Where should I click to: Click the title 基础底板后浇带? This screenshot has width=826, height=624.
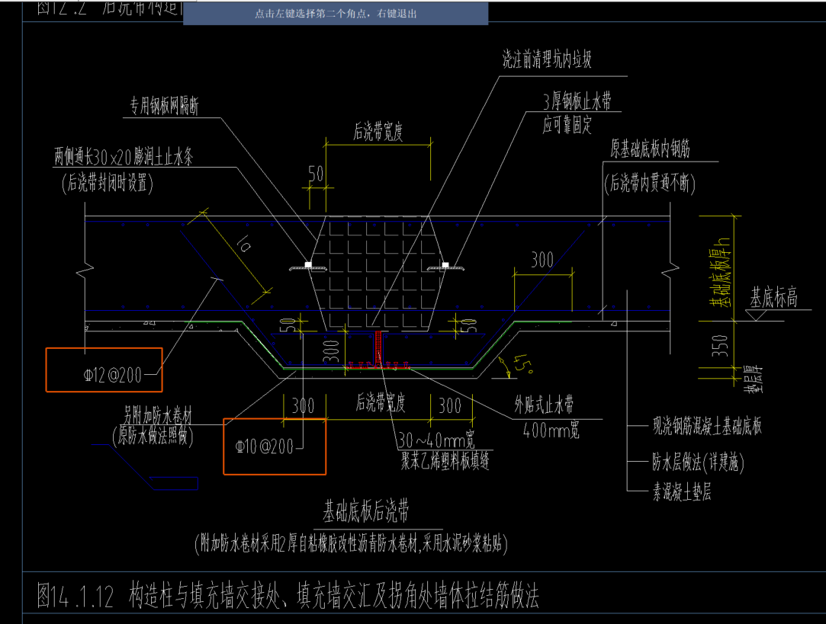371,509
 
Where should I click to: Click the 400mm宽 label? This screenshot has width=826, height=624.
551,430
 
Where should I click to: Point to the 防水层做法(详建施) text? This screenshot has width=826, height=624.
696,461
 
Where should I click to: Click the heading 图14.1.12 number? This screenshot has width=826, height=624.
76,597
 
